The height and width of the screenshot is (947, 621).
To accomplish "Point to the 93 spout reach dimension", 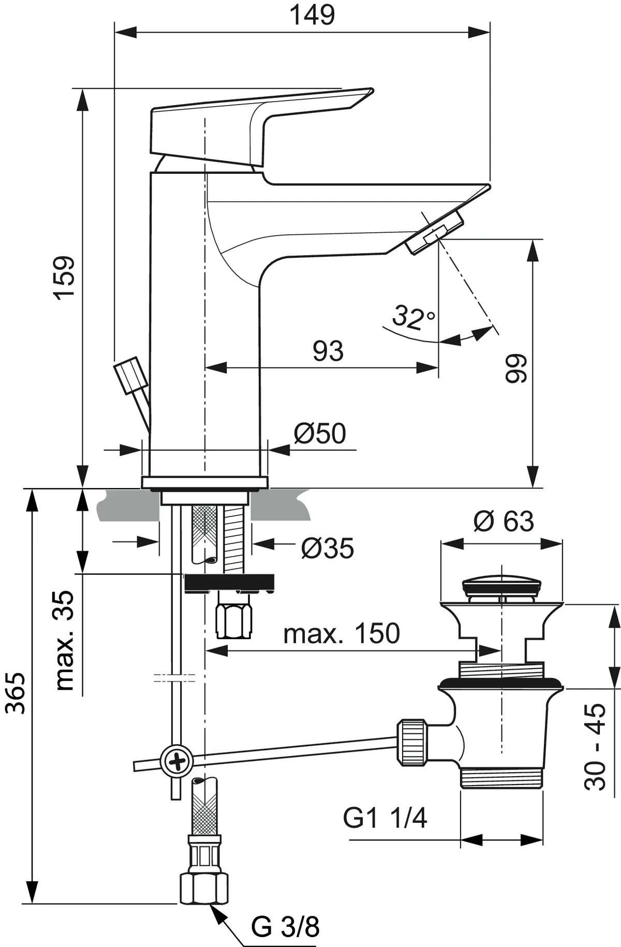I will click(328, 351).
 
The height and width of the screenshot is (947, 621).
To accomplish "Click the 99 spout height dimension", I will click(515, 368).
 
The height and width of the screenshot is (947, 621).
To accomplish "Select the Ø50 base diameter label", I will click(320, 433).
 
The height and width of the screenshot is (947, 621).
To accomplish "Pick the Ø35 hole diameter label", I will click(327, 548).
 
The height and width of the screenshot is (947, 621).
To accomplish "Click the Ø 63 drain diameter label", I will click(503, 521).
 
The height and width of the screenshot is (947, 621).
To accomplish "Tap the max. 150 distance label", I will click(342, 633).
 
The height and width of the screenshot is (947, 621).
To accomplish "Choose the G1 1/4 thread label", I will click(385, 818).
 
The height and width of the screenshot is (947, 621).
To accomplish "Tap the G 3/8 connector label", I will click(285, 923).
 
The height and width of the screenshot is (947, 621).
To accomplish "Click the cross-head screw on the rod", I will click(176, 761).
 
